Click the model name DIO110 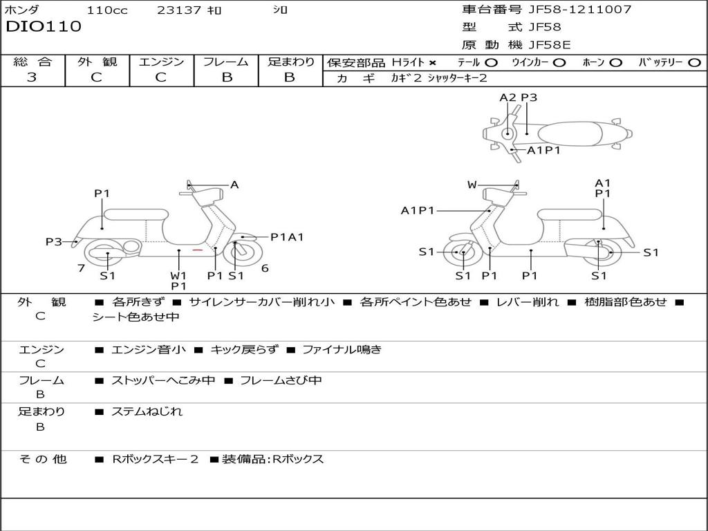pos(44,27)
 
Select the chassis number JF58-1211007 pos(579,10)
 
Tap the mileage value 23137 pos(179,10)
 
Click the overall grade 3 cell pos(32,77)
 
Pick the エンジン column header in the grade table pos(161,62)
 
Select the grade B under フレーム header pos(226,77)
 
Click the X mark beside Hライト pos(433,63)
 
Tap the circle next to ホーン pos(615,63)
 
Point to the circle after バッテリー pos(694,63)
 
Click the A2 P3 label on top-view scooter pos(518,97)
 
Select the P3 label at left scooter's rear pos(54,242)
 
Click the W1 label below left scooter pos(178,275)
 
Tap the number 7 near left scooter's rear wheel pos(81,268)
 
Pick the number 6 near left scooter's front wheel pos(264,268)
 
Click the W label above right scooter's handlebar pos(472,185)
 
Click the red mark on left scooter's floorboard pos(198,250)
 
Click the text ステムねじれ pos(147,411)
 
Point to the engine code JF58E pos(550,45)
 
